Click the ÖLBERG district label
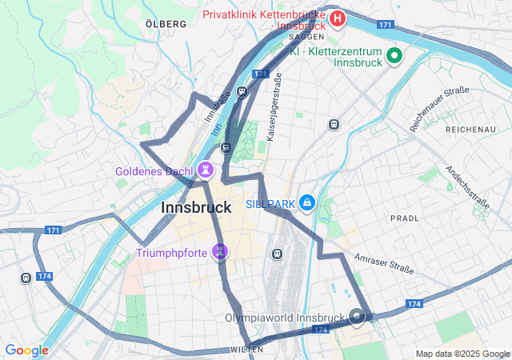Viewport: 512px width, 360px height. (166, 24)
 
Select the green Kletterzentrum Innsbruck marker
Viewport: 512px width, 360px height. (394, 56)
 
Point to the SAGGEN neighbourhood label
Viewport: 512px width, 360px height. (306, 37)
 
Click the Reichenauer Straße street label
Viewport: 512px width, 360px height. (438, 109)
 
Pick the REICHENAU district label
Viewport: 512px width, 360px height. (471, 129)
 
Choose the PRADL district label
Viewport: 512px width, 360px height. (404, 218)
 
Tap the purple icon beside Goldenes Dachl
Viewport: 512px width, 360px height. (207, 170)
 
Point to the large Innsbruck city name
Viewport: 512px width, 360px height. (196, 207)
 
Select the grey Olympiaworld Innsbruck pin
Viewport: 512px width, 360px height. (358, 317)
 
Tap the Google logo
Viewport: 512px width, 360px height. (26, 350)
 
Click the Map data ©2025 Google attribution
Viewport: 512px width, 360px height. (462, 354)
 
